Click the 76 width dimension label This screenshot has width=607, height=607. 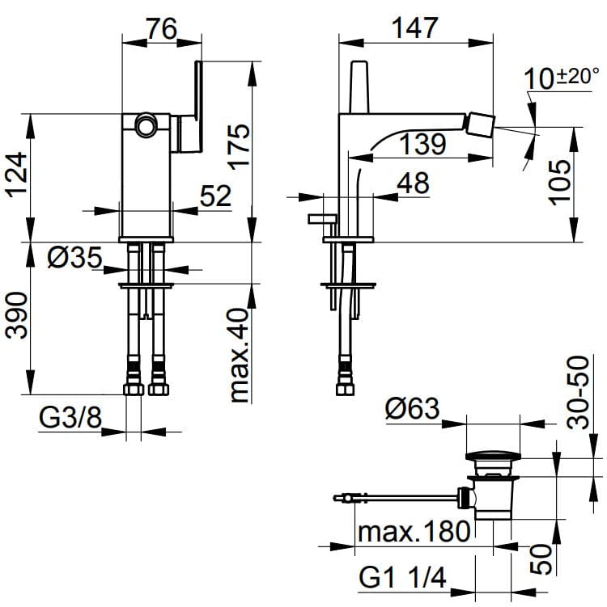pyautogui.click(x=162, y=28)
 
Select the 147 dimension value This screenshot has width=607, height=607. pyautogui.click(x=414, y=27)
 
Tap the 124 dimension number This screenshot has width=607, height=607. pyautogui.click(x=17, y=175)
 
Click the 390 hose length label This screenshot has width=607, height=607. pyautogui.click(x=17, y=315)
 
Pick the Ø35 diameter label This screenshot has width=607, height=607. pyautogui.click(x=74, y=257)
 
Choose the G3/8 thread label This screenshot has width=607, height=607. pyautogui.click(x=70, y=418)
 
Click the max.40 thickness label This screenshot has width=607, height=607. pyautogui.click(x=239, y=355)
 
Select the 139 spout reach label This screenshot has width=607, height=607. pyautogui.click(x=422, y=144)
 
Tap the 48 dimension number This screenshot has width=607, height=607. pyautogui.click(x=414, y=183)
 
